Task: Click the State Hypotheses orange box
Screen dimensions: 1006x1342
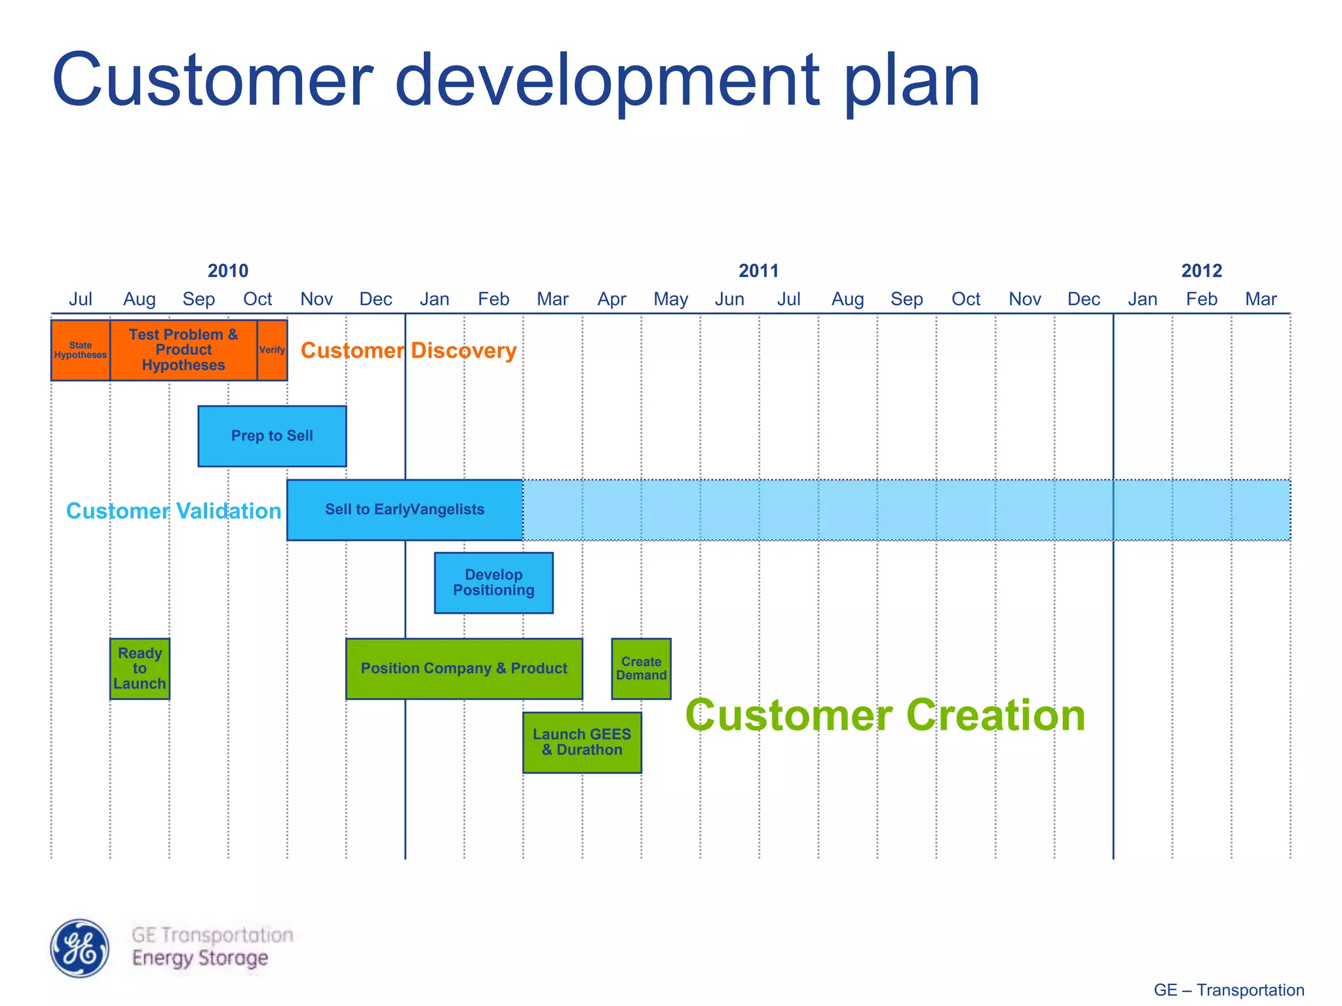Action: [80, 350]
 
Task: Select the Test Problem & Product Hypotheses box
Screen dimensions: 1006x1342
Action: [183, 350]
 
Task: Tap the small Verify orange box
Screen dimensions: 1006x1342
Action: [272, 350]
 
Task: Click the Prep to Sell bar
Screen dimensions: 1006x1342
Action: [272, 436]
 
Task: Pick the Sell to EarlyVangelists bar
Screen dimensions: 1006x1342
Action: [404, 510]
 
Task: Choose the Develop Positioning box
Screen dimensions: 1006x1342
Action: [493, 583]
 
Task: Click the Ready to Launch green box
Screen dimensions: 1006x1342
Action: [140, 669]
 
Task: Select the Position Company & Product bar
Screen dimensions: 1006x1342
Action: [464, 669]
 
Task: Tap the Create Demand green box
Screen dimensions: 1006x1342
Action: [641, 669]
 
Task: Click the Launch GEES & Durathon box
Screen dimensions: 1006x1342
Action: [582, 743]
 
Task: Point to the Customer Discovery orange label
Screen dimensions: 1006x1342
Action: [408, 350]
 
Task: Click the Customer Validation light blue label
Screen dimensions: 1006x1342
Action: [174, 511]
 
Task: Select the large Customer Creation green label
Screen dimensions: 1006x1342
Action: [885, 715]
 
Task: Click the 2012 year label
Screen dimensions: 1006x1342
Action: [1201, 270]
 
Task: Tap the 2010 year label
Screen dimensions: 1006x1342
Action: [228, 270]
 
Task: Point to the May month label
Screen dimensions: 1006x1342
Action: [670, 299]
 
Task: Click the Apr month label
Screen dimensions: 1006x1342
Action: [611, 299]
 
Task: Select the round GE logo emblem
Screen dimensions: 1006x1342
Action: [80, 948]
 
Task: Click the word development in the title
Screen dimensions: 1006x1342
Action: [607, 81]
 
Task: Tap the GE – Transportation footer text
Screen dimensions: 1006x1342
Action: [1229, 990]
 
